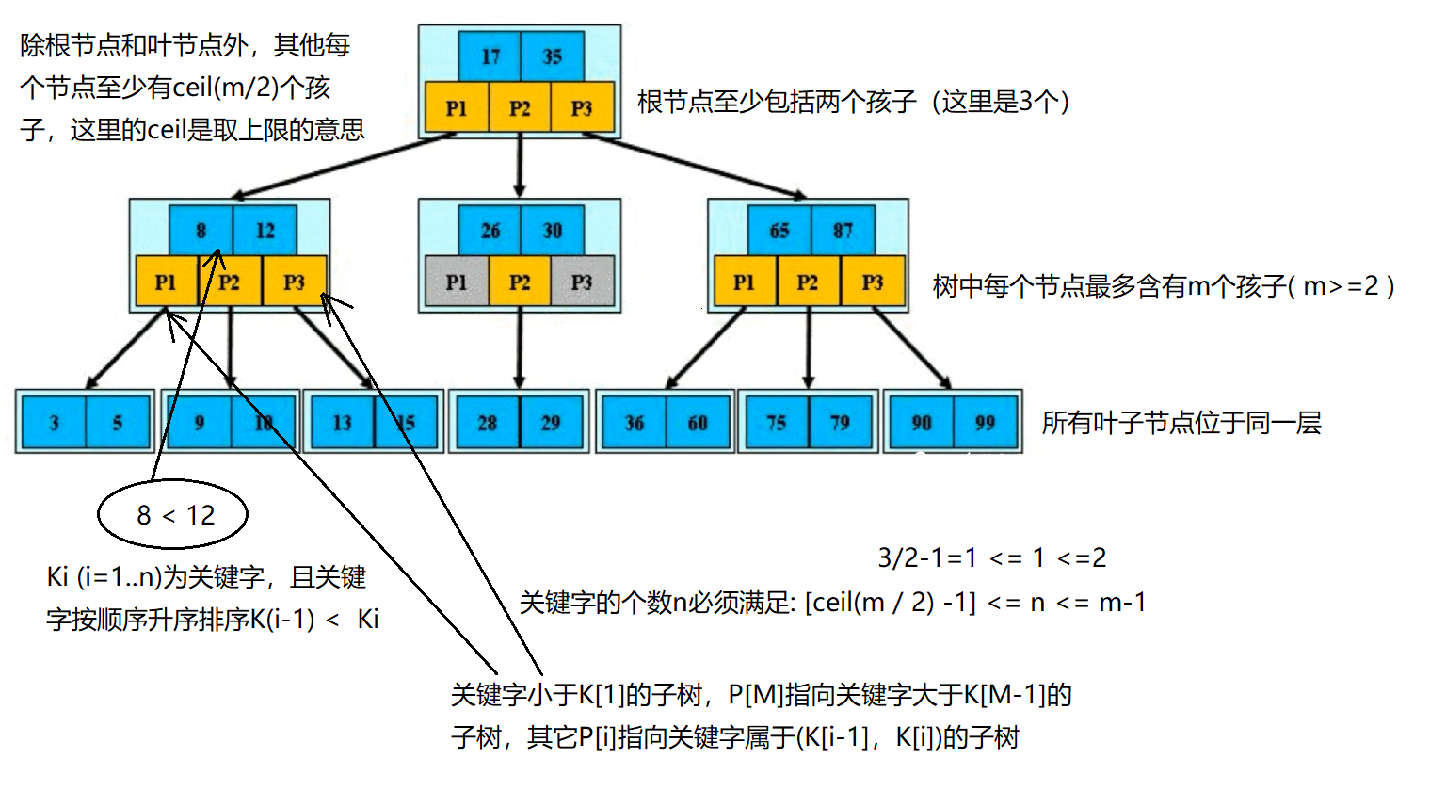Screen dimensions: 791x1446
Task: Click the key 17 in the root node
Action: pos(490,56)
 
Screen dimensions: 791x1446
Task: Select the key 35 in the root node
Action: pos(553,56)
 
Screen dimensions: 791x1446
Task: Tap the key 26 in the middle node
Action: pos(490,231)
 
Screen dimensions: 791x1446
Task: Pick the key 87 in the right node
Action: pos(843,231)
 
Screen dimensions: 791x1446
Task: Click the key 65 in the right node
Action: pos(779,231)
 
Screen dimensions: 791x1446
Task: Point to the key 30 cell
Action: pos(553,231)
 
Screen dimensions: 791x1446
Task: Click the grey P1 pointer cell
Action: pos(457,282)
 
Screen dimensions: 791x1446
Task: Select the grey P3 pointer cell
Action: pos(583,282)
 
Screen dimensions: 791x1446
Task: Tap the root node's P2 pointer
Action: pos(520,108)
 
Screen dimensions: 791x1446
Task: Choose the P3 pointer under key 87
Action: pos(873,282)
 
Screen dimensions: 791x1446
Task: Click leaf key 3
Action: pos(55,423)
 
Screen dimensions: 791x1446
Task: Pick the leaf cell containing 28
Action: pos(487,423)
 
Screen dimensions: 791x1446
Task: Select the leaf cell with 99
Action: pos(985,423)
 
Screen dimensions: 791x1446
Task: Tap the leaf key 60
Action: pos(698,423)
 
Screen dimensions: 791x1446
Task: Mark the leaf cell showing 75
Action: pos(776,423)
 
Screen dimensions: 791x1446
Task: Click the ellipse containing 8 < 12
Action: pos(173,514)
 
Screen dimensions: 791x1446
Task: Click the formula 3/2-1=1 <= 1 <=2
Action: pos(991,557)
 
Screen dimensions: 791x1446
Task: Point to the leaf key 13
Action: pos(343,423)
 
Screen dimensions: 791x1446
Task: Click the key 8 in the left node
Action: pos(201,231)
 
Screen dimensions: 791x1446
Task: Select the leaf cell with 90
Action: pos(922,423)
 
